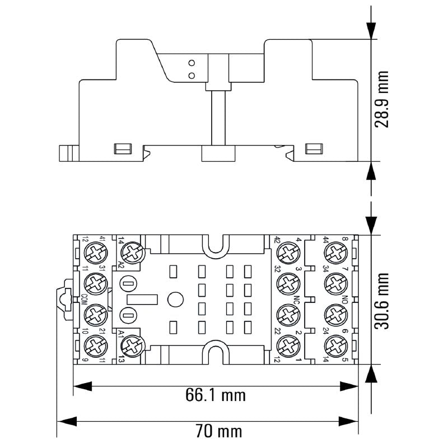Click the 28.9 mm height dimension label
pyautogui.click(x=382, y=99)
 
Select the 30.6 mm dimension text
pyautogui.click(x=382, y=301)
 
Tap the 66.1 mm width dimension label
pyautogui.click(x=216, y=395)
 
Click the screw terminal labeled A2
pyautogui.click(x=132, y=253)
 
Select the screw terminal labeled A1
pyautogui.click(x=132, y=344)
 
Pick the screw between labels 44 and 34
pyautogui.click(x=336, y=251)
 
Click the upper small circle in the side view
pyautogui.click(x=192, y=62)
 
